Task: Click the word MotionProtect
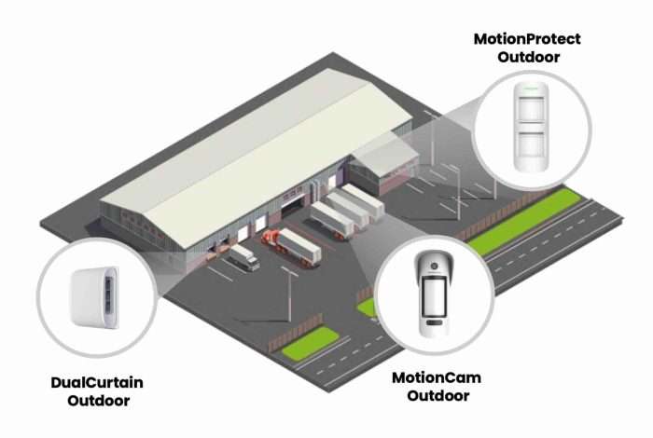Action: click(527, 39)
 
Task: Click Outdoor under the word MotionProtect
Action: click(529, 58)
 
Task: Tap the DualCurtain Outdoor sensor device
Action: click(93, 294)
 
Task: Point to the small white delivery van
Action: click(244, 256)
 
